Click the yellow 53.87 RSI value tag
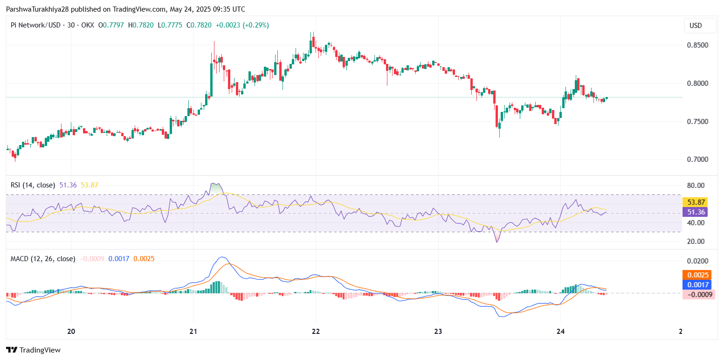[x=695, y=202]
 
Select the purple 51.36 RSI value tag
[x=695, y=212]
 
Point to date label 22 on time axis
[x=316, y=332]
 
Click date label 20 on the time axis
[x=71, y=332]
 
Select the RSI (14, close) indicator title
[x=33, y=185]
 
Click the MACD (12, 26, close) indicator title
[x=43, y=258]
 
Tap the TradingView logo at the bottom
[x=34, y=350]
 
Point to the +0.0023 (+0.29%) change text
[x=244, y=25]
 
